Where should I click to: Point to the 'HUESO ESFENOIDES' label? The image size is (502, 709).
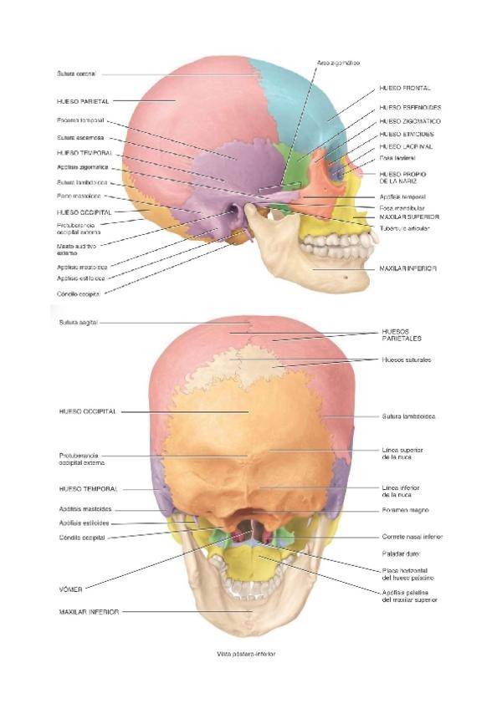pos(410,107)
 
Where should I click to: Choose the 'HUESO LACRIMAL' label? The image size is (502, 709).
pos(405,145)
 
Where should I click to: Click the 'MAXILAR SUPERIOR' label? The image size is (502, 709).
pos(409,217)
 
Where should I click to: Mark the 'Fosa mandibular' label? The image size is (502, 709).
pos(402,207)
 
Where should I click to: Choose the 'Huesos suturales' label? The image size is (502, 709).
pos(406,360)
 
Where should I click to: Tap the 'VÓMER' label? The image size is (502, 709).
pos(71,588)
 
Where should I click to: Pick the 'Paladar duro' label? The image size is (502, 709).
pos(400,553)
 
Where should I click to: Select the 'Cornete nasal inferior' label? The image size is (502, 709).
pos(412,537)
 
